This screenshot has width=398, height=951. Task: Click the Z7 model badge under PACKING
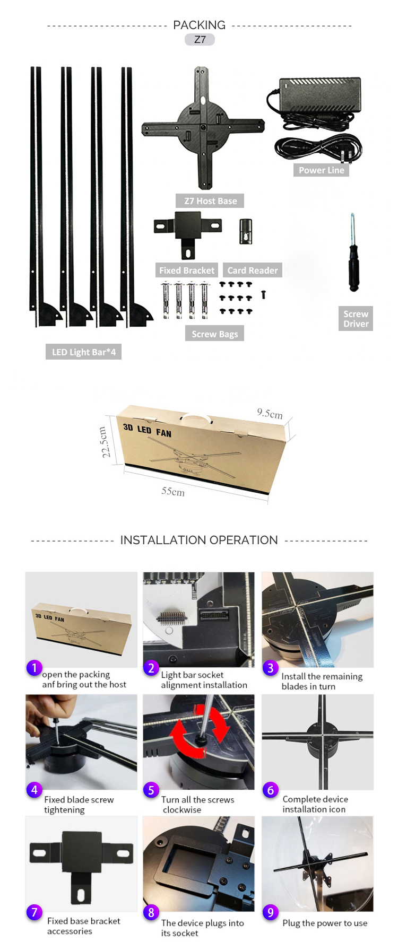(x=200, y=40)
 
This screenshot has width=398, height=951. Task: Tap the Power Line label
(x=321, y=170)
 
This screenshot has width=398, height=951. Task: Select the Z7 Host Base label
(x=210, y=201)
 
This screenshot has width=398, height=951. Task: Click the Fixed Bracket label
(x=187, y=271)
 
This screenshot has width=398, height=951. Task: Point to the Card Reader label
(x=252, y=271)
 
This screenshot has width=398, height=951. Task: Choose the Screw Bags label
(x=214, y=334)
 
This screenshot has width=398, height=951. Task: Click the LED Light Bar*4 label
(x=83, y=352)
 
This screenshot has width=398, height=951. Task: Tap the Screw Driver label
(x=356, y=319)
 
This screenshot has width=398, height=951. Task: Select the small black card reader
(x=246, y=231)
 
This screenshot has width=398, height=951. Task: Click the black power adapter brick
(x=321, y=95)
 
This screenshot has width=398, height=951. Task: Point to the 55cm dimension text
(x=173, y=492)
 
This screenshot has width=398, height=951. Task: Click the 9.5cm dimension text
(x=270, y=414)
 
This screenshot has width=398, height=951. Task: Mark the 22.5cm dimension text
(x=105, y=442)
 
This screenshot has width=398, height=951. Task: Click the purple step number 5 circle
(x=151, y=790)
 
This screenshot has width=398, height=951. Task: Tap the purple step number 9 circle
(x=270, y=912)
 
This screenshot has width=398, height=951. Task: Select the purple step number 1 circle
(x=34, y=668)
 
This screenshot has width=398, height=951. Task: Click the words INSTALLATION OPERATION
(x=199, y=540)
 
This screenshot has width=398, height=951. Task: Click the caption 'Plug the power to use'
(x=325, y=923)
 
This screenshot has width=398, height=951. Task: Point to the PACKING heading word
(x=199, y=25)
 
